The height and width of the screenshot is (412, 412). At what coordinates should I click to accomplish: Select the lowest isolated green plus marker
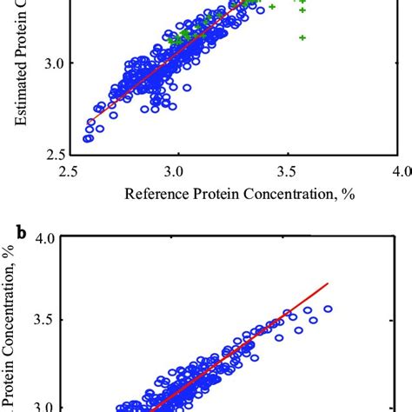tap(302, 37)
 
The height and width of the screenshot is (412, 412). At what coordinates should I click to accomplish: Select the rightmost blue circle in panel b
tap(329, 309)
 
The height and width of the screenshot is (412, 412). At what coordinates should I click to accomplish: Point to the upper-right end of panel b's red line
tap(328, 282)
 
